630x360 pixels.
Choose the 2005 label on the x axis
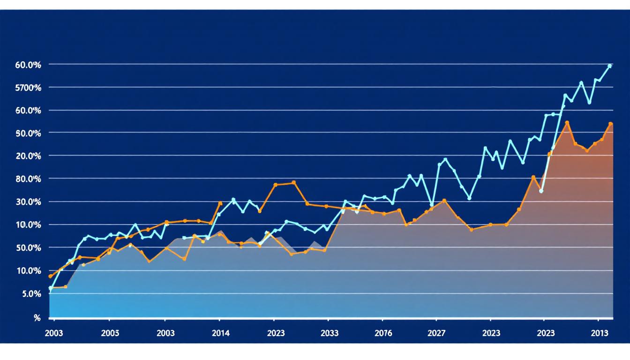coord(109,333)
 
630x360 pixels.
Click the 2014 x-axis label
coord(220,333)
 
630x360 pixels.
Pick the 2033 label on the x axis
coord(330,333)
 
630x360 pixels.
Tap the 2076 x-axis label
coord(383,333)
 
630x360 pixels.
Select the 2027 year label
coord(437,333)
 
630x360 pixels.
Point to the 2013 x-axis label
coord(599,333)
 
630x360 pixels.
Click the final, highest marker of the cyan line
coord(609,66)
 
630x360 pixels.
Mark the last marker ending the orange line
coord(610,124)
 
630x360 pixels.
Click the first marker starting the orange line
coord(50,277)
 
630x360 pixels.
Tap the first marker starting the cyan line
coord(51,288)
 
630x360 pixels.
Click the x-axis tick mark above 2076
coord(383,320)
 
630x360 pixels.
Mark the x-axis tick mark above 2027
coord(437,320)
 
